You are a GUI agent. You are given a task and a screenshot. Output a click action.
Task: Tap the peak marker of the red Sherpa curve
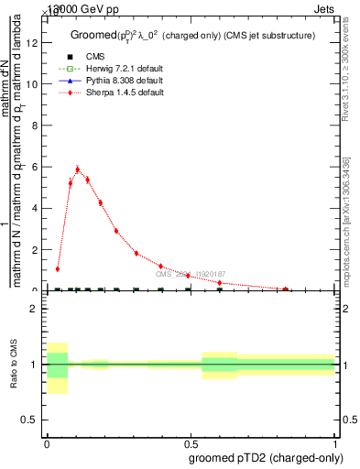(78, 169)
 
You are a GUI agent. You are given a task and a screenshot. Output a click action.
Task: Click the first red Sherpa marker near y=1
(58, 269)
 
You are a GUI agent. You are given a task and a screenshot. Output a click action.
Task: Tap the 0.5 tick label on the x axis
(191, 442)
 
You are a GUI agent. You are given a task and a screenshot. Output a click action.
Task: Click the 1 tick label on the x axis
(335, 442)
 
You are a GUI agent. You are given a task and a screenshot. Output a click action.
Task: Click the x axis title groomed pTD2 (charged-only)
(267, 457)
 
